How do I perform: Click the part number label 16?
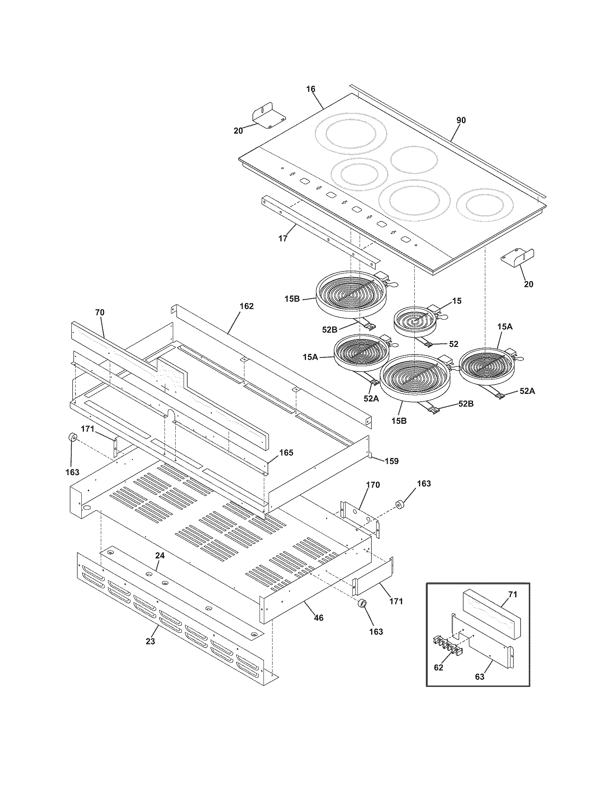click(x=311, y=89)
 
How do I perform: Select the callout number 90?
click(x=461, y=120)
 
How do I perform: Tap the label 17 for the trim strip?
click(x=283, y=238)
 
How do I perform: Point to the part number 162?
click(x=247, y=306)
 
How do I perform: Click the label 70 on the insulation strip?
click(x=100, y=312)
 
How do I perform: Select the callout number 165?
click(x=286, y=453)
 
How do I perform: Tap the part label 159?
click(x=392, y=461)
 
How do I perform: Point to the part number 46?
click(x=319, y=617)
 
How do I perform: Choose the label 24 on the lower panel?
click(x=160, y=555)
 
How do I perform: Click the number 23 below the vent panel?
click(x=150, y=641)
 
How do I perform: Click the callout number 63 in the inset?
click(x=479, y=677)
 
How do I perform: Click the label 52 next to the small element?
click(x=454, y=344)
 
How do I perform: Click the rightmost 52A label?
click(x=527, y=391)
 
